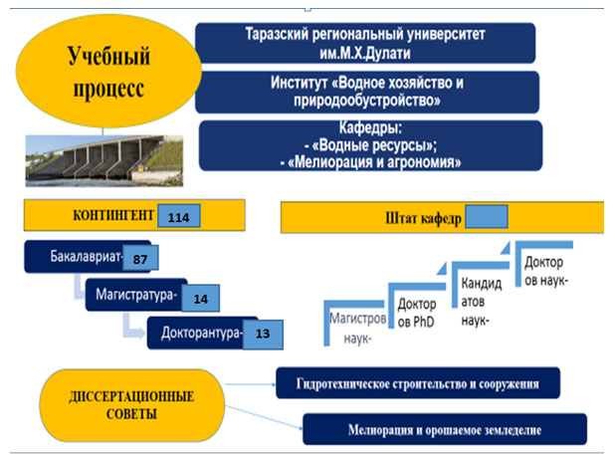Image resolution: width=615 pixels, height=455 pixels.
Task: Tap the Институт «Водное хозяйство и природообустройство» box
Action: tap(367, 92)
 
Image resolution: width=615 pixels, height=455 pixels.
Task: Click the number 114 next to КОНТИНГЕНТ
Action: tap(179, 216)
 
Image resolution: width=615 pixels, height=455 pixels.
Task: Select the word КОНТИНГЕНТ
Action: tap(111, 216)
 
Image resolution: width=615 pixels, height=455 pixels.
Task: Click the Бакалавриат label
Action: tap(85, 259)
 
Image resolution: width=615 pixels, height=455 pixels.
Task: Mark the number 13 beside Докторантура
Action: tap(263, 334)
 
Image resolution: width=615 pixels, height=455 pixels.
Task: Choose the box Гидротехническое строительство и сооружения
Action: tap(417, 383)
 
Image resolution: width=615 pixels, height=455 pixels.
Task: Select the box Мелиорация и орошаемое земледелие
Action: tap(444, 430)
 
